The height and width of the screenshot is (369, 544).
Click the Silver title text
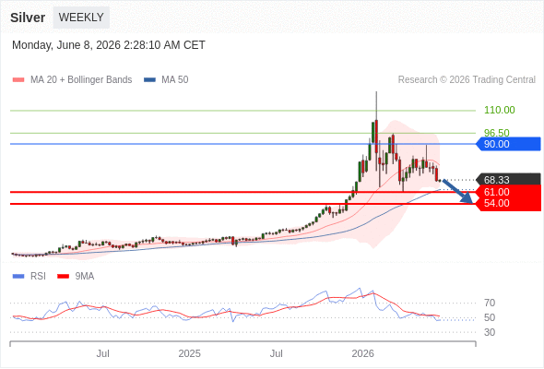[28, 18]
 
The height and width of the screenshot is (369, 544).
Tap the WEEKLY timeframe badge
[81, 18]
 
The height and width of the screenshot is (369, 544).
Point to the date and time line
[109, 45]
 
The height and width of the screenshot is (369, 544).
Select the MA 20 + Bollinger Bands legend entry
[72, 80]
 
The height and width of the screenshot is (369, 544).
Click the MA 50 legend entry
[166, 80]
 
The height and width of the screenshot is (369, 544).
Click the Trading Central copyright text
[467, 80]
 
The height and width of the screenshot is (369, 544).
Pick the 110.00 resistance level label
[499, 110]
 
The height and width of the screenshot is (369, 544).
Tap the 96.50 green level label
[497, 133]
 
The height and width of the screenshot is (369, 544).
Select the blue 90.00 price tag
[508, 144]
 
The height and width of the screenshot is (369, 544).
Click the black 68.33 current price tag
[508, 180]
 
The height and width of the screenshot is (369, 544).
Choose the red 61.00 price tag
[508, 192]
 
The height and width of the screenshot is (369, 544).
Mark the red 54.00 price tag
[508, 204]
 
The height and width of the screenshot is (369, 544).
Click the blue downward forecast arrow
[457, 191]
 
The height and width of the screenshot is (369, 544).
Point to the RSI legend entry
[30, 277]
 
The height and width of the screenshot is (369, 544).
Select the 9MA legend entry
[76, 277]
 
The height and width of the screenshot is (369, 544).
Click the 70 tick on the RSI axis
[490, 303]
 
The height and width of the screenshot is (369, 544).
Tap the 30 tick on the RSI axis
[490, 332]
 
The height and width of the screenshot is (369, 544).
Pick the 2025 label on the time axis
[189, 353]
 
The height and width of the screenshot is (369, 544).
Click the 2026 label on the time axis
[363, 353]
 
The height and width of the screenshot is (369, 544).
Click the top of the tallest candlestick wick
[376, 91]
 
